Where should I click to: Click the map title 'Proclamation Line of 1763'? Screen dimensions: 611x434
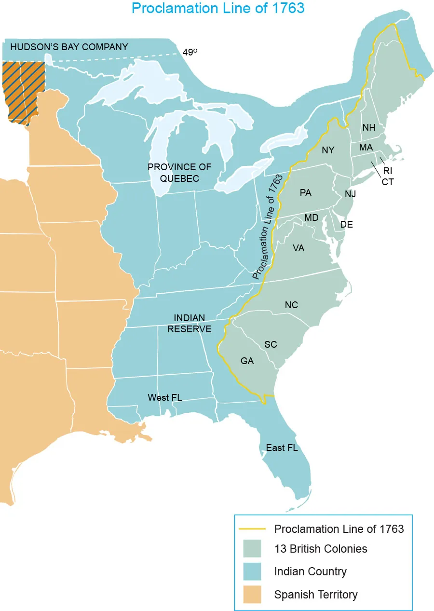(x=218, y=8)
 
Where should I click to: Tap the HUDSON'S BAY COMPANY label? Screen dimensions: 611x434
(x=69, y=47)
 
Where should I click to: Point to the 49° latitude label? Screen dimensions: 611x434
(x=190, y=52)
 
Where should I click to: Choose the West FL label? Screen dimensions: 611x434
(x=165, y=397)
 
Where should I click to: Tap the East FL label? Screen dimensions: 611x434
(x=282, y=448)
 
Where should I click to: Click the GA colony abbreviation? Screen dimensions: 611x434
(x=247, y=361)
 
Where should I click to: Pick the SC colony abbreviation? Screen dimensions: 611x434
(x=271, y=344)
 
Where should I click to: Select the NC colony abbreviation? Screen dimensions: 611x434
(x=291, y=305)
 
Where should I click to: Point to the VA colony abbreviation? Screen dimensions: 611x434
(x=298, y=248)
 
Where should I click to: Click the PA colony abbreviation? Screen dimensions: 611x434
(x=305, y=192)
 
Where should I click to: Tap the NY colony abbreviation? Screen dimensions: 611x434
(x=328, y=150)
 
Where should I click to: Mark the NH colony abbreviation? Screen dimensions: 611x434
(x=369, y=128)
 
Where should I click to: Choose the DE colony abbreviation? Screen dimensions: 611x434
(x=346, y=224)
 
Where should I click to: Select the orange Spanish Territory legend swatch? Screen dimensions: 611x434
(x=252, y=594)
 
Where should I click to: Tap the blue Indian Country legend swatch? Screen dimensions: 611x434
(x=252, y=571)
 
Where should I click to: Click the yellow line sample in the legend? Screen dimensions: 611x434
(x=252, y=529)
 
